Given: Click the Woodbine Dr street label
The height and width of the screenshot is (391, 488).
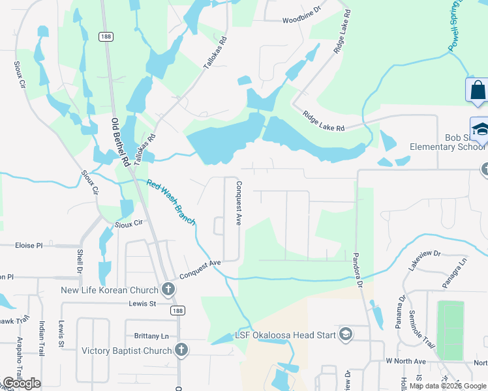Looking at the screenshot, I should (x=302, y=20).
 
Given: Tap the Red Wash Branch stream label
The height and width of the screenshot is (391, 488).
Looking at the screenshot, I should (x=170, y=203).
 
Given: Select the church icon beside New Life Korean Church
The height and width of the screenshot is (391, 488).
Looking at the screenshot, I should (x=168, y=289).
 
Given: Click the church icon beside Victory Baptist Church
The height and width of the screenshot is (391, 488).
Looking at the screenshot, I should (x=181, y=351).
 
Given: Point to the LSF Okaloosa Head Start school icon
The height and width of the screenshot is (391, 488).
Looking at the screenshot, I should (x=345, y=335).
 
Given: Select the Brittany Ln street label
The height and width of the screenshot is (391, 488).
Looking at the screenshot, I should (x=151, y=336).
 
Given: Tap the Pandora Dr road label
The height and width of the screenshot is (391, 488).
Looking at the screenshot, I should (x=357, y=270).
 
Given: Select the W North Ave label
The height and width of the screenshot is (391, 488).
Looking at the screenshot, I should (x=405, y=361).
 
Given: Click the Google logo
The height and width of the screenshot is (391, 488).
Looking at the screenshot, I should (x=22, y=383).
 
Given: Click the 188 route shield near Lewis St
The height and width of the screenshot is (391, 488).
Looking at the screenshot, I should (x=177, y=311).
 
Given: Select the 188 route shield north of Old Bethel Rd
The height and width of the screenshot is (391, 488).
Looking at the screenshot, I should (x=106, y=37).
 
